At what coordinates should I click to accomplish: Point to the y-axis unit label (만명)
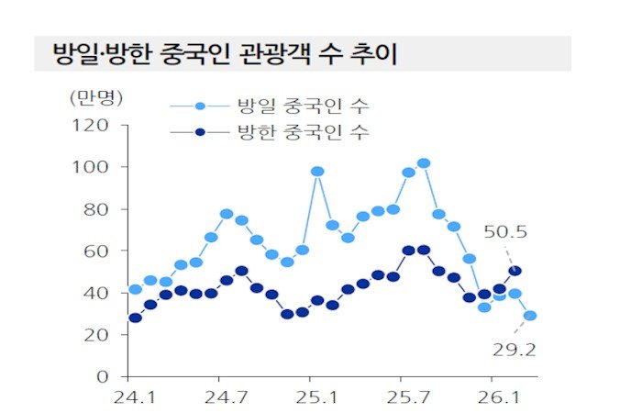pyautogui.click(x=96, y=95)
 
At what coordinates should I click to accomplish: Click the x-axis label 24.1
pyautogui.click(x=135, y=399)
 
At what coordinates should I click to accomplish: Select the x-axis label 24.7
pyautogui.click(x=225, y=399)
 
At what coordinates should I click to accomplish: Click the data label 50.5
pyautogui.click(x=506, y=232)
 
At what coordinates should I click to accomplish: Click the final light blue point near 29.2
pyautogui.click(x=531, y=316)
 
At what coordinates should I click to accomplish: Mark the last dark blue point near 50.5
pyautogui.click(x=515, y=271)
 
